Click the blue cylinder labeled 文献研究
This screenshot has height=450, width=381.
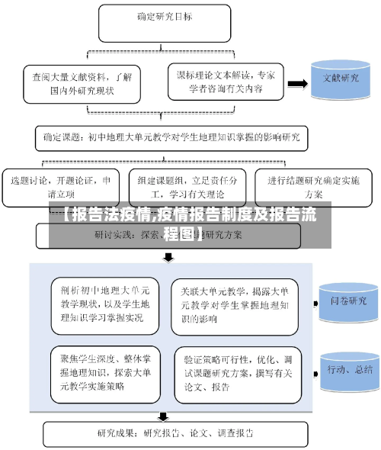341,80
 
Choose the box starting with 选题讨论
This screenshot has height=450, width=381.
61,188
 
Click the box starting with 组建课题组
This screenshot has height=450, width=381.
182,188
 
